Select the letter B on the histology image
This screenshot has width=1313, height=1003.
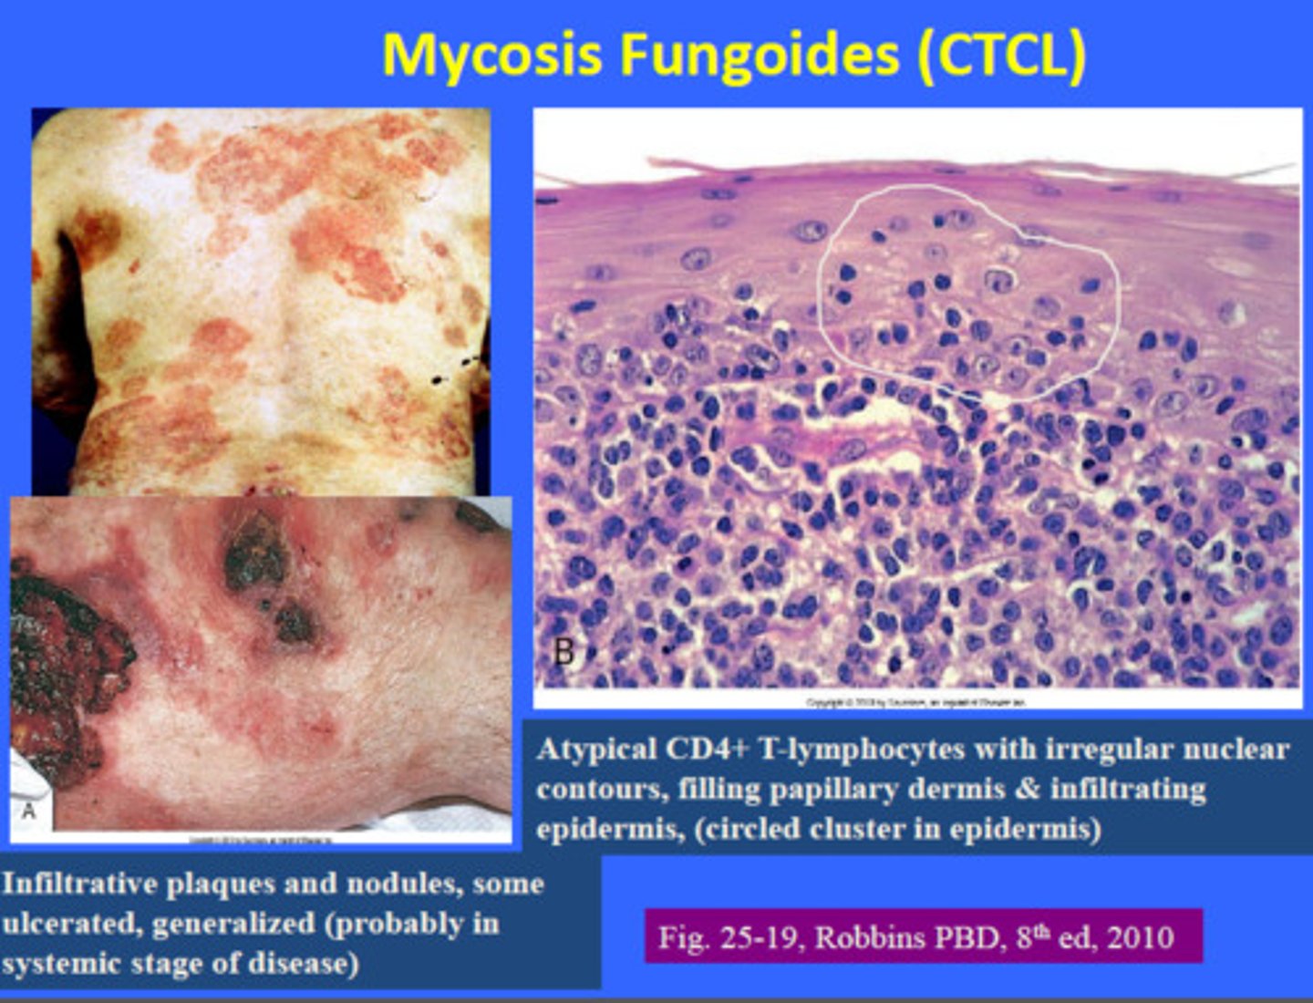pos(564,653)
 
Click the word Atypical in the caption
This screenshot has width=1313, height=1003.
pos(597,750)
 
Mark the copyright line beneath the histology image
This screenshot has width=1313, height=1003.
pos(916,702)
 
